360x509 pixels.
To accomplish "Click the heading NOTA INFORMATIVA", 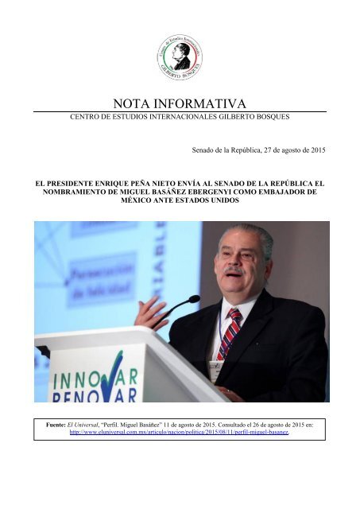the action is pos(180,102).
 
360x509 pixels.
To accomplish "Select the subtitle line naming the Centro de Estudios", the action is pos(180,118).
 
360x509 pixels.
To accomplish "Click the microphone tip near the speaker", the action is pos(194,298).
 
